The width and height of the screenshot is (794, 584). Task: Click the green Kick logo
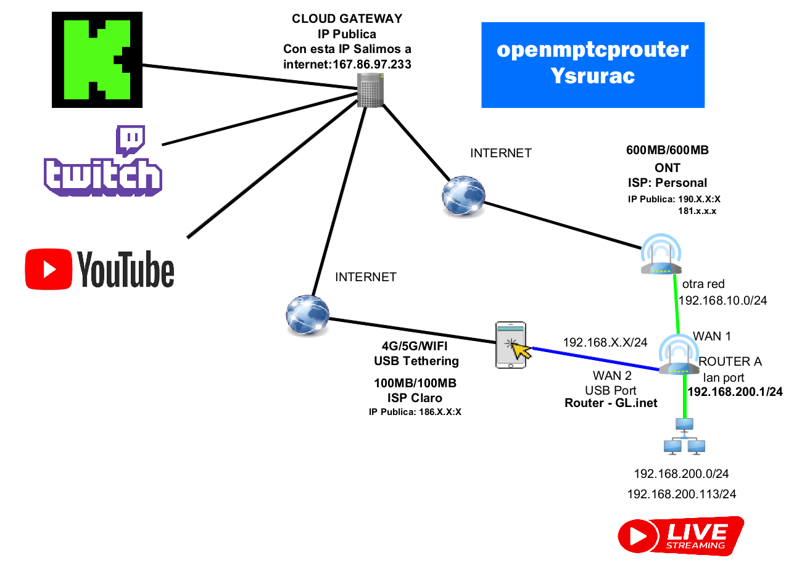(96, 60)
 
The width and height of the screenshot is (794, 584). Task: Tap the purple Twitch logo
(103, 162)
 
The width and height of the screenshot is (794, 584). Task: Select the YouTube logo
(100, 268)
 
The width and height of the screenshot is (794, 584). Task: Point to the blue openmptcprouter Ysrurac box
(592, 65)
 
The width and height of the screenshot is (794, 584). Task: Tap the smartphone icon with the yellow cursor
(512, 345)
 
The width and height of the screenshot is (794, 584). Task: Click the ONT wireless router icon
(661, 255)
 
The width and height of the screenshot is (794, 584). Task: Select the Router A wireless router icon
(679, 356)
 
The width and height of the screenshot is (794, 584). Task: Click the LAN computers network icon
(684, 437)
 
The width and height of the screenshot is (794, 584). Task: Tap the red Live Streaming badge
(680, 536)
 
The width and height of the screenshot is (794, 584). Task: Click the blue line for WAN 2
(592, 360)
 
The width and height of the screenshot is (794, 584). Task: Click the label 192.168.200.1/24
(735, 392)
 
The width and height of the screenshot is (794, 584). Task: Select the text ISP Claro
(415, 398)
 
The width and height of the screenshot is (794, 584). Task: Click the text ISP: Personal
(667, 183)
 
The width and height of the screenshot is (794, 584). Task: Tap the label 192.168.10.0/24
(722, 300)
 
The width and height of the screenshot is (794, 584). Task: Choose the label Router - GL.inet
(610, 403)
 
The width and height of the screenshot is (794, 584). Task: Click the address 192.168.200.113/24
(681, 494)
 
